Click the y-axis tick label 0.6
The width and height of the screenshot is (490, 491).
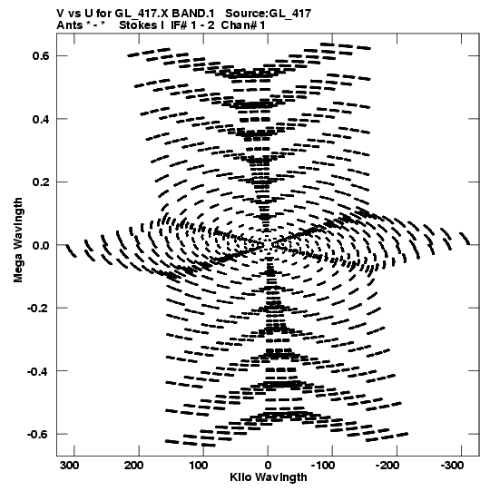pos(41,55)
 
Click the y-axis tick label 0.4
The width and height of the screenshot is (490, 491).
pos(41,119)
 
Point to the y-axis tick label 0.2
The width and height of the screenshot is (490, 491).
pos(41,182)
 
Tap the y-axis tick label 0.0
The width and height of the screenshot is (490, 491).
pos(41,245)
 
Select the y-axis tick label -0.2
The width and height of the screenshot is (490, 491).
pos(38,309)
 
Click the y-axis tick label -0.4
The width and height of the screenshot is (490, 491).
pos(38,371)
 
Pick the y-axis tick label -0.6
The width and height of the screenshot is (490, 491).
pos(38,435)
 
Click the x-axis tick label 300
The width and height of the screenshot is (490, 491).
pos(69,466)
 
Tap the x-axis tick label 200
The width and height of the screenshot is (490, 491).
pos(134,466)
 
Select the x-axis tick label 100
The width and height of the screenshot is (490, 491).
pos(199,466)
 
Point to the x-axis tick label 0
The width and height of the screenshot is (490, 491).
pos(268,466)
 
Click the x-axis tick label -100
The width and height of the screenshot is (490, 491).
pos(323,466)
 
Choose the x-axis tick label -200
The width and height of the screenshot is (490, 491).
pos(387,466)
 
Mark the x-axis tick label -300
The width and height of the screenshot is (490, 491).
pos(452,466)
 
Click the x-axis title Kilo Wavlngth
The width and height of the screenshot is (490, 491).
pos(269,477)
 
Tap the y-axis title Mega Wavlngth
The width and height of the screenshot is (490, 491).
pos(18,241)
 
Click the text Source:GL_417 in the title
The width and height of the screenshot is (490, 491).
pos(269,14)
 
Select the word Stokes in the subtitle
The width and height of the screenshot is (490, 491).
pos(138,25)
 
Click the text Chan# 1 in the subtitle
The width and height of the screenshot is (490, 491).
pos(243,25)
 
